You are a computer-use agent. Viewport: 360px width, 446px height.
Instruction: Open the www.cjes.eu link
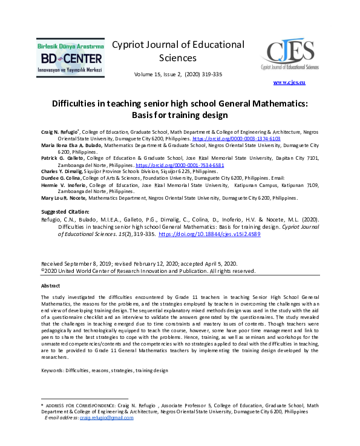click(289, 82)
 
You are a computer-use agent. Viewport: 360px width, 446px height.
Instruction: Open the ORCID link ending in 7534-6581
click(174, 165)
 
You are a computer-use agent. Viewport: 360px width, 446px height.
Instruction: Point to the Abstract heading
click(51, 285)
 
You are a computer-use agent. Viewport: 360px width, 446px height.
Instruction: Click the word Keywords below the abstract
click(52, 370)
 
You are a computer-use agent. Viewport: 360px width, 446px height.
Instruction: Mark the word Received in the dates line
click(53, 264)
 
